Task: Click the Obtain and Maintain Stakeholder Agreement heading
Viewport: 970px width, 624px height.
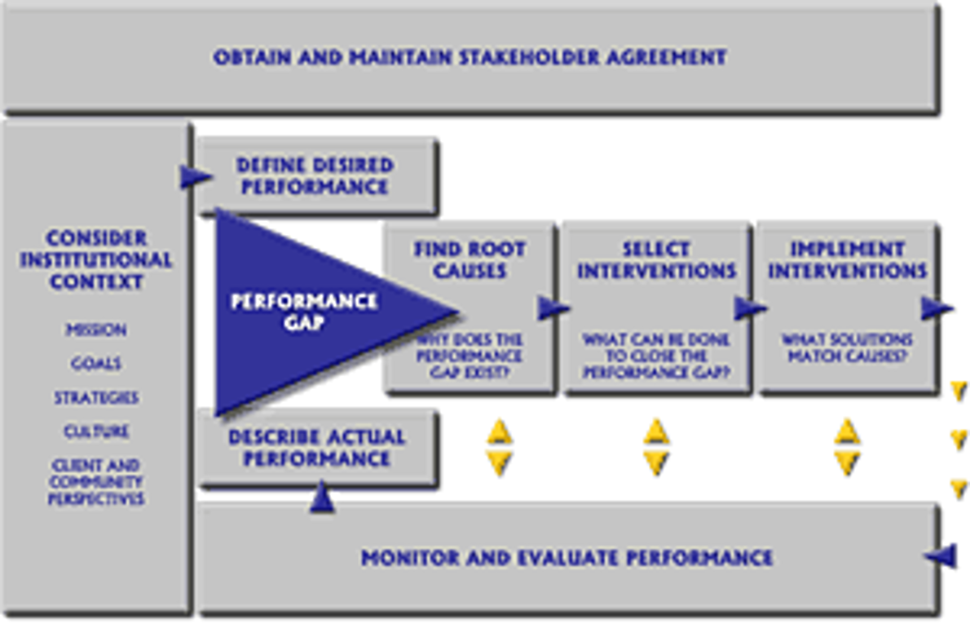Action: (x=470, y=58)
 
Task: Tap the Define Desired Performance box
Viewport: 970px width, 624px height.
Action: (x=315, y=176)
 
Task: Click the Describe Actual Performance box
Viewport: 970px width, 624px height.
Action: (x=316, y=448)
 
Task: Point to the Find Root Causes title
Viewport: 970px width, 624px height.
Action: (x=470, y=259)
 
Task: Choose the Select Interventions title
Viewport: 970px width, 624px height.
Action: (x=656, y=259)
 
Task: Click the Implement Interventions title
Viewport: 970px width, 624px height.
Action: (x=847, y=259)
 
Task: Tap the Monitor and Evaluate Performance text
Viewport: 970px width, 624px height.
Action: (x=567, y=559)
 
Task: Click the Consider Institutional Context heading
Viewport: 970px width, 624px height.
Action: (x=96, y=260)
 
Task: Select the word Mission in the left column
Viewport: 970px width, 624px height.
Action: (x=96, y=330)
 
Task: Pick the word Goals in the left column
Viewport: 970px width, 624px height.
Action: (x=96, y=364)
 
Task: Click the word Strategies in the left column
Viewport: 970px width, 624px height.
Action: (x=96, y=398)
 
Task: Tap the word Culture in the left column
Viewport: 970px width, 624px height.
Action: (x=96, y=431)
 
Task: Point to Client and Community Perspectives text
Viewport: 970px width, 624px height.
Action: (x=96, y=482)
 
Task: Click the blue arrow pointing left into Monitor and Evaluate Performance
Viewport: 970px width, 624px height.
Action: (x=941, y=556)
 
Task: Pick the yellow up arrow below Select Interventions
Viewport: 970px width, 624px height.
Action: (x=656, y=431)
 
